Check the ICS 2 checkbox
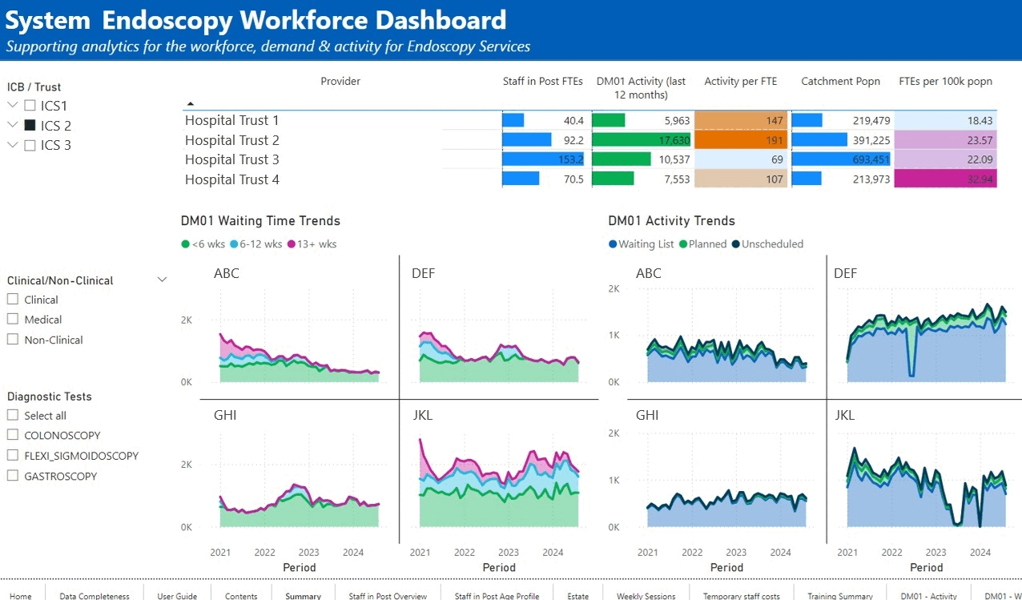tap(30, 126)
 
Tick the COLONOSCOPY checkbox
tap(12, 435)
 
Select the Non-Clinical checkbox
tap(12, 340)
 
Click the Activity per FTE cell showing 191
tap(741, 140)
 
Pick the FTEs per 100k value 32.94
tap(945, 179)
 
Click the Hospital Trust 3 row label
tap(232, 159)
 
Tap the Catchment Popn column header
tap(840, 81)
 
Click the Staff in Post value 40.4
tap(573, 120)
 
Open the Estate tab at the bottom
tap(577, 595)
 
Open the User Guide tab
tap(177, 595)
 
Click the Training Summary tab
tap(839, 595)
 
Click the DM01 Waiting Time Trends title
tap(260, 220)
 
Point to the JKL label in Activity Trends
tap(844, 415)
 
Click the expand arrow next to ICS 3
tap(12, 145)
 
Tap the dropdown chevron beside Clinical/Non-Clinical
tap(162, 280)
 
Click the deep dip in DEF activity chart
tap(911, 372)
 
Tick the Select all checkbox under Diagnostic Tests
tap(12, 415)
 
